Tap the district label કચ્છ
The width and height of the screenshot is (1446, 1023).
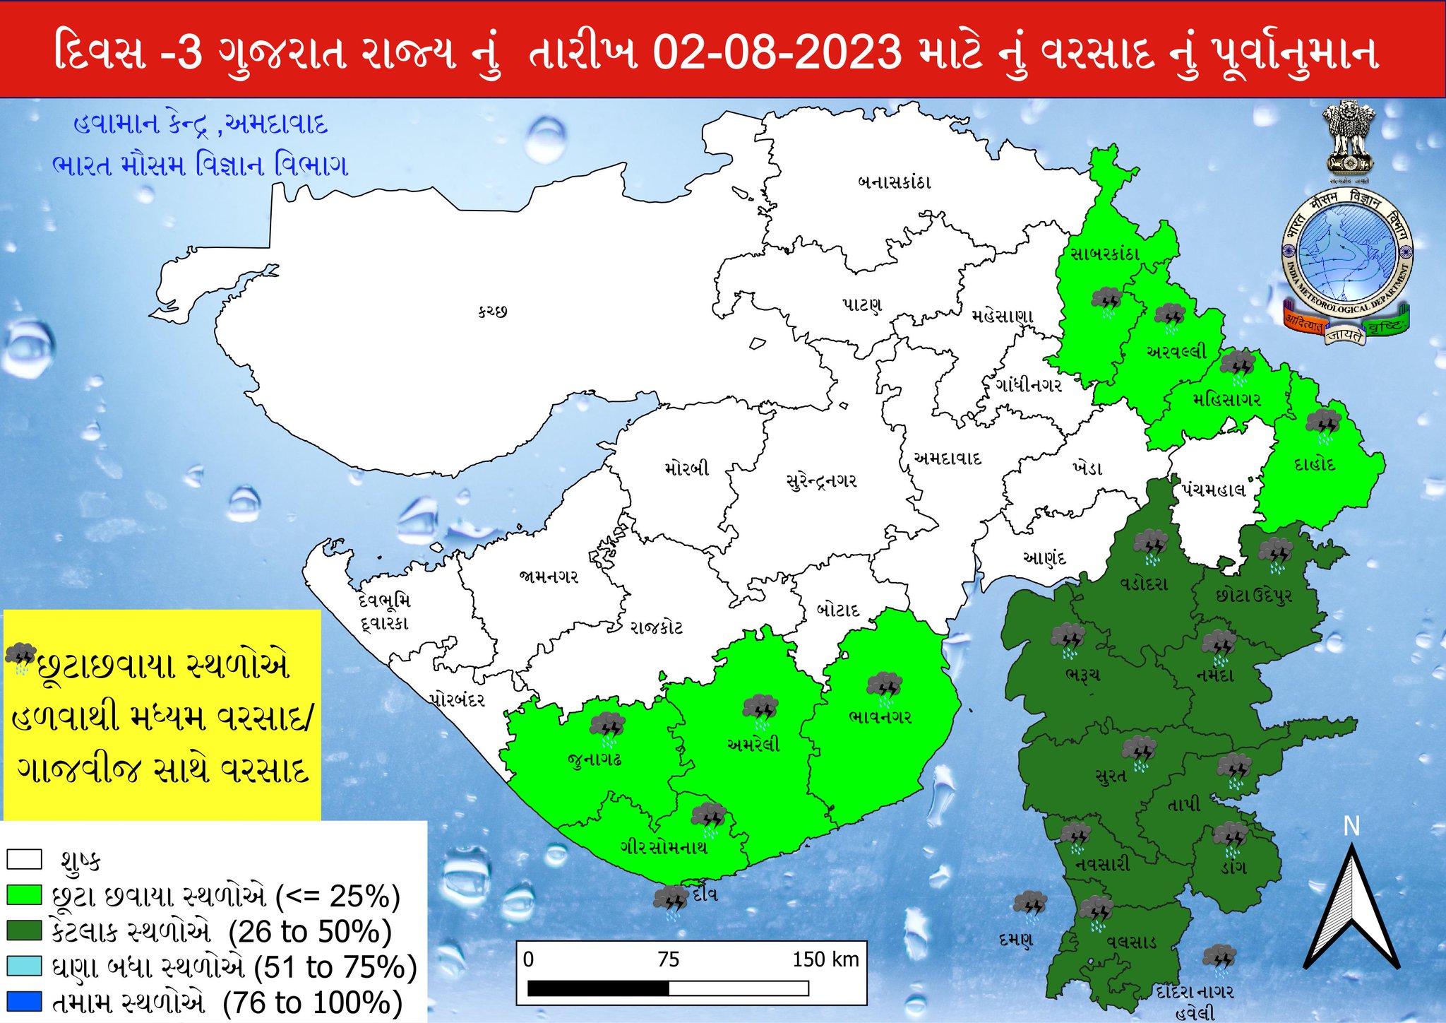coord(492,311)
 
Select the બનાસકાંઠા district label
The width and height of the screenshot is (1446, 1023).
coord(894,182)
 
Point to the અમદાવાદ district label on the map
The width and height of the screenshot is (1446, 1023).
coord(947,458)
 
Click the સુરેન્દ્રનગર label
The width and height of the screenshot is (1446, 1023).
coord(821,481)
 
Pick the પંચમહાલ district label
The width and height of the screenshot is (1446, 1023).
coord(1214,490)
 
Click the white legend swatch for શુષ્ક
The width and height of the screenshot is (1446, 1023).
coord(24,859)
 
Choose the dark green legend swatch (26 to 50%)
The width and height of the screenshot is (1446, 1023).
coord(24,930)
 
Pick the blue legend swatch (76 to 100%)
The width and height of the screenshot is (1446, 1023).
coord(24,1002)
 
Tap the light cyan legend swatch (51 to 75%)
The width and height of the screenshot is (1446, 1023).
coord(24,966)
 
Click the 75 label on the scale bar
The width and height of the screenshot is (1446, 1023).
coord(668,959)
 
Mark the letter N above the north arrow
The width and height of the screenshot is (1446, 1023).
coord(1351,826)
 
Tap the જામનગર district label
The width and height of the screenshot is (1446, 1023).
coord(549,576)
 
